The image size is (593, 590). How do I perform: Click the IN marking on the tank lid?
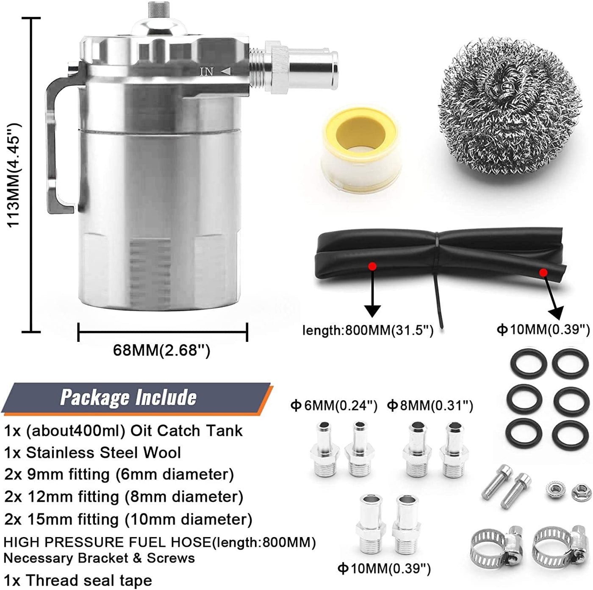coord(206,72)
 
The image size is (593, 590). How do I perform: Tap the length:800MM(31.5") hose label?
coord(368,330)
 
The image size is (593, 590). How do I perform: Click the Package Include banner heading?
coord(128,398)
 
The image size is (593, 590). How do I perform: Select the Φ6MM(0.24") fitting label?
coord(334,405)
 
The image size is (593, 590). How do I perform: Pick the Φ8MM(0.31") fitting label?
coord(430,405)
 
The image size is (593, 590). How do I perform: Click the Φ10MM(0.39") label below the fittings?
coord(384,568)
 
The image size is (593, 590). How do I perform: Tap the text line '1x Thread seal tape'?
coord(78,580)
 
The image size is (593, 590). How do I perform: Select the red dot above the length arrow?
coord(373,265)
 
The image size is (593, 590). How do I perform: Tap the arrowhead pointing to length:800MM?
coord(373,311)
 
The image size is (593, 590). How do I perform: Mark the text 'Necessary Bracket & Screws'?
coord(99,558)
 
